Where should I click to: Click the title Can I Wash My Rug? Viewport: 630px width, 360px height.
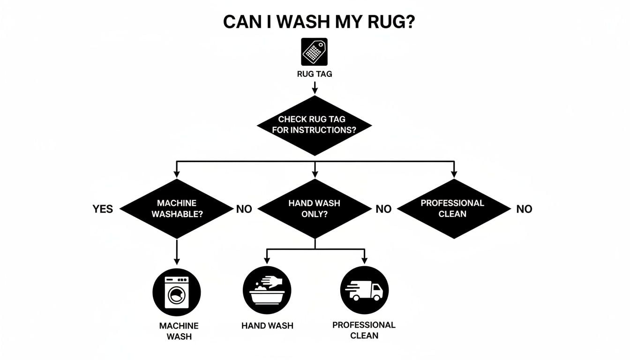(318, 22)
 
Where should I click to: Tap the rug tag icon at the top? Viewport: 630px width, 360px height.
(314, 52)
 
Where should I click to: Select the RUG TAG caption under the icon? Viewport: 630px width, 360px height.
(314, 74)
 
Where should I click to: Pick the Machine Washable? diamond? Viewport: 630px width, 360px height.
(177, 209)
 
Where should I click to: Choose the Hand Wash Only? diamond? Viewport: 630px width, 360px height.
(314, 209)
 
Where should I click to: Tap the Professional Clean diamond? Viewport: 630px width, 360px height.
(453, 209)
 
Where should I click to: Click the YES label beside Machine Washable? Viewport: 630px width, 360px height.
(103, 209)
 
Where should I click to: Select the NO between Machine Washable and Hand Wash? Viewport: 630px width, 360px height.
(244, 209)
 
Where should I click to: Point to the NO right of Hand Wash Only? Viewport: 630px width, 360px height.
(383, 209)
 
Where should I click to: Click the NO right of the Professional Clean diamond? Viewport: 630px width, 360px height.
(524, 209)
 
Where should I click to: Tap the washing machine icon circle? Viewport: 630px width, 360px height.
(177, 292)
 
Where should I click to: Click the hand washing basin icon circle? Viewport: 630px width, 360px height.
(267, 290)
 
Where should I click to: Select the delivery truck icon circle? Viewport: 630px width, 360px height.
(364, 290)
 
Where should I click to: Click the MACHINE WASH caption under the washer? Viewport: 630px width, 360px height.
(179, 331)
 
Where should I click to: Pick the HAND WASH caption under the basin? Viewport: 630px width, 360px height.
(267, 326)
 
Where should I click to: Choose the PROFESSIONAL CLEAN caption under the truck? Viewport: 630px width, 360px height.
(364, 330)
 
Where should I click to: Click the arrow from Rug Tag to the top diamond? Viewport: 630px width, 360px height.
(315, 88)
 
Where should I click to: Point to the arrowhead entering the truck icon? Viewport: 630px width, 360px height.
(364, 261)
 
